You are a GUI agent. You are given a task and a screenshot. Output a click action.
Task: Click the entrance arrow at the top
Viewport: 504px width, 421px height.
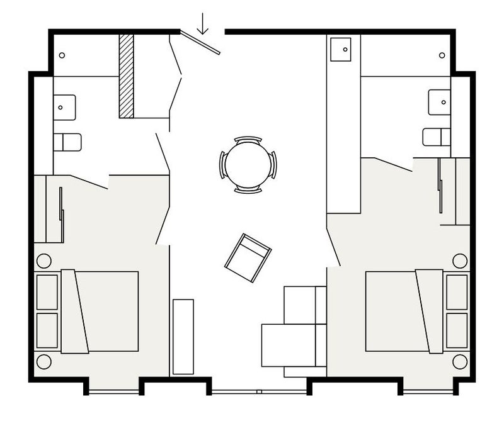[203, 24]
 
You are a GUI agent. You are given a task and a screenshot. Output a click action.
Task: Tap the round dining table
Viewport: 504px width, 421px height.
[247, 164]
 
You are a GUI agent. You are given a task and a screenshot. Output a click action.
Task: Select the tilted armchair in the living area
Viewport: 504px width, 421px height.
[248, 256]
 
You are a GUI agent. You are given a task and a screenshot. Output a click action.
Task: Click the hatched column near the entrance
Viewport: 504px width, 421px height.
[127, 76]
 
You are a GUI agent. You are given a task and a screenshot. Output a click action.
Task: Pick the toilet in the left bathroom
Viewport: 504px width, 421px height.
[67, 142]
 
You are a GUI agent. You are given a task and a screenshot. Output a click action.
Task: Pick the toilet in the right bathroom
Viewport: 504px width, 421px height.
[437, 137]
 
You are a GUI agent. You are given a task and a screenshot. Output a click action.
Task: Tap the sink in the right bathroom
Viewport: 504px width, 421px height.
[440, 101]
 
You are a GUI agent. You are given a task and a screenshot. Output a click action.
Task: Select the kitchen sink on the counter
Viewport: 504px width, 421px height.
[341, 49]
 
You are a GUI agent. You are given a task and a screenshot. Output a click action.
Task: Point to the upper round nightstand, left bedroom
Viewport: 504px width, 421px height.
[44, 260]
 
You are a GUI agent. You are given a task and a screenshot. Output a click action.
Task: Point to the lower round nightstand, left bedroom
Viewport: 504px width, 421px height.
[44, 362]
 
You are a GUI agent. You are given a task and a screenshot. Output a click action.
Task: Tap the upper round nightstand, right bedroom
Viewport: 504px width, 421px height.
[460, 260]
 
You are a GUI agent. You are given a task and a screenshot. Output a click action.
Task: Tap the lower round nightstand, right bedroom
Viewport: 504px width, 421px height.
[460, 362]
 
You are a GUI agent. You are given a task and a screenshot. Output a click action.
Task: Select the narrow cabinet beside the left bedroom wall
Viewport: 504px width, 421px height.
[183, 337]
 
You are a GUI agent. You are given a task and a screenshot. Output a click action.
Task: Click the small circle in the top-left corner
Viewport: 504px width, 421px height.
[62, 55]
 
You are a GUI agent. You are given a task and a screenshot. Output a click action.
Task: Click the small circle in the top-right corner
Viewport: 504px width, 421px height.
[444, 55]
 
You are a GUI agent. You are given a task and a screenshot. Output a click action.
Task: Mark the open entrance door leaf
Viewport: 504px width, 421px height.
[200, 42]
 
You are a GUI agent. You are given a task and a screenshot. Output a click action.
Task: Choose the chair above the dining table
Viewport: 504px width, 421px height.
[247, 138]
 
